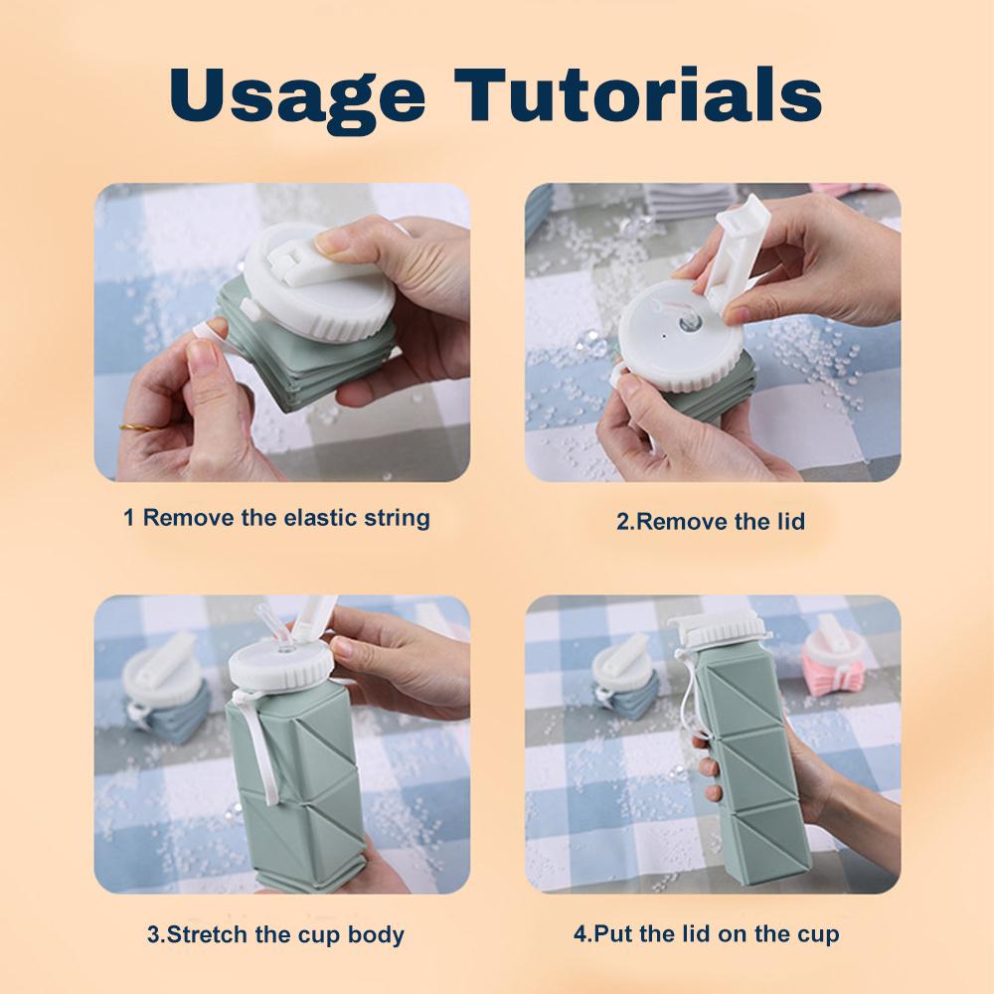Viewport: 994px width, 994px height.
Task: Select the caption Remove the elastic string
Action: tap(276, 518)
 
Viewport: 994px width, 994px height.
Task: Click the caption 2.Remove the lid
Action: tap(710, 521)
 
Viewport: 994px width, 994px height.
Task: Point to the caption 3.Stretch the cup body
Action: tap(275, 934)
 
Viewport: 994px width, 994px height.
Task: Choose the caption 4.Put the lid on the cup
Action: tap(706, 934)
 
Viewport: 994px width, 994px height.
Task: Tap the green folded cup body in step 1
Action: tap(308, 368)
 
